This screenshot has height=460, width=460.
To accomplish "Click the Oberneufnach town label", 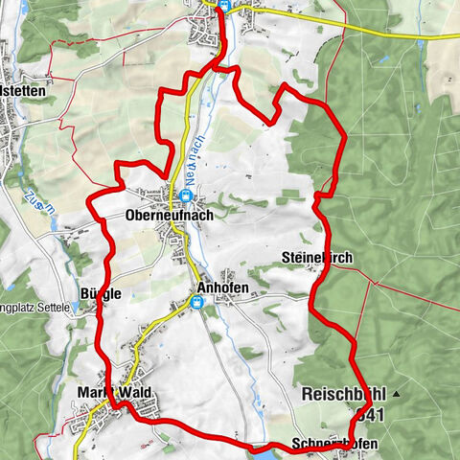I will click(169, 217).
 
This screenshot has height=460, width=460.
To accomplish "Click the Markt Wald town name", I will click(115, 393).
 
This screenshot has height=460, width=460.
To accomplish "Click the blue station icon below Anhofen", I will click(197, 304).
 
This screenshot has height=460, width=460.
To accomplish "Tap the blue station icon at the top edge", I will click(222, 5).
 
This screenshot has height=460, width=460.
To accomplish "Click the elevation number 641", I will click(370, 414).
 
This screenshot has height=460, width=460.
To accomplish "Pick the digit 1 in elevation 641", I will click(380, 414).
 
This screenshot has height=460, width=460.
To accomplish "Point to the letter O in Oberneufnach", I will click(130, 217).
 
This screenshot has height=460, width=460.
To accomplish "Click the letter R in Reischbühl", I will click(307, 394).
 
